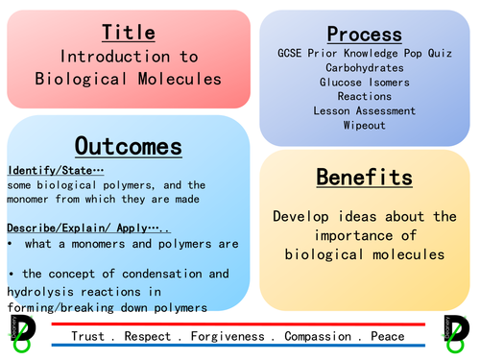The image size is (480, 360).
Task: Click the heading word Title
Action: pos(128,33)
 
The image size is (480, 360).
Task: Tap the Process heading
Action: pos(364,35)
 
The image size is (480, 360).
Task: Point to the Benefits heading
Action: pos(364,177)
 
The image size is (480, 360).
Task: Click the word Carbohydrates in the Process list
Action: pos(364,67)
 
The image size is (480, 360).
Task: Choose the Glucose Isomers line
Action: pos(364,82)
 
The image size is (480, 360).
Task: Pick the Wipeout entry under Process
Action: pos(364,125)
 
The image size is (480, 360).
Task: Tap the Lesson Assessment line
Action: pos(364,110)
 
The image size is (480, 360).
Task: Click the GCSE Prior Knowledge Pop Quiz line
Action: pos(364,53)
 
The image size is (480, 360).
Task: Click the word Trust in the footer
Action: pos(88,337)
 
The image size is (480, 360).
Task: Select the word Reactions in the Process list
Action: pos(364,96)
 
